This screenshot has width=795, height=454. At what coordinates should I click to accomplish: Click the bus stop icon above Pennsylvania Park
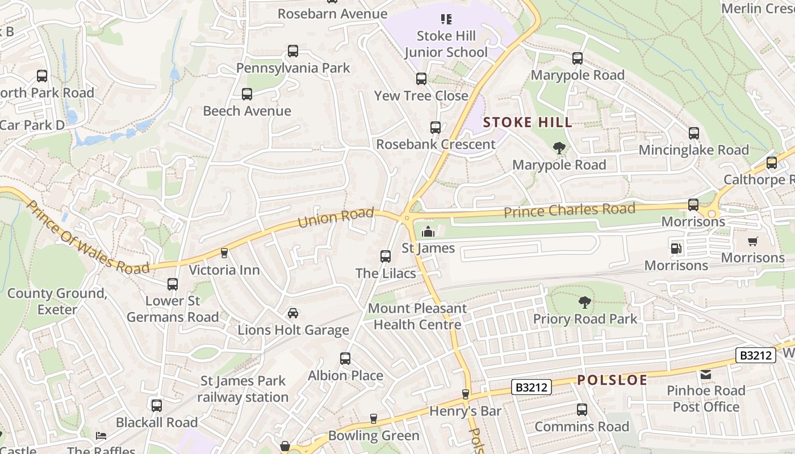coord(293,51)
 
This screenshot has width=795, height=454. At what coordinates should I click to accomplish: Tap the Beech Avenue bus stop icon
coord(247,94)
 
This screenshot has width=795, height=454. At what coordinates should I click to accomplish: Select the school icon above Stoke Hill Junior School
coord(446,19)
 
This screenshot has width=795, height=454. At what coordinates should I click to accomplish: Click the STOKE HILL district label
coord(528,123)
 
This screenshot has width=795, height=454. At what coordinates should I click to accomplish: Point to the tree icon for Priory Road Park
coord(584,302)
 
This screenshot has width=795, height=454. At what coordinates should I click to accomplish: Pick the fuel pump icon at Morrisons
coord(676,248)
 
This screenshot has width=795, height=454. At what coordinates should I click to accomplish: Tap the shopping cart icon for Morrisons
coord(753,241)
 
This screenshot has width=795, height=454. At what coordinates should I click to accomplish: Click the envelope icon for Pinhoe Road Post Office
coord(706,374)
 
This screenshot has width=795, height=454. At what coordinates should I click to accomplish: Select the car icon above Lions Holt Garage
coord(293,313)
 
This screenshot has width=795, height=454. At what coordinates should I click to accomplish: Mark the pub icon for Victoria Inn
coord(224,253)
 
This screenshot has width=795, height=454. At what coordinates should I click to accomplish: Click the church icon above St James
coord(428,232)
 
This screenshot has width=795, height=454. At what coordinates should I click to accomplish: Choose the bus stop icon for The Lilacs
coord(386,257)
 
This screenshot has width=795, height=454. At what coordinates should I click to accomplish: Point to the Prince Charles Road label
coord(569,211)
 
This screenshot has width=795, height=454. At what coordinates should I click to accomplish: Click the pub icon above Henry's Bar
coord(466,394)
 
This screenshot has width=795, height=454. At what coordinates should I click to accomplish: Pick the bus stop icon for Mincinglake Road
coord(694,133)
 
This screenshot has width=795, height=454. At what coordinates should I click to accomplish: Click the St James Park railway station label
coord(243,389)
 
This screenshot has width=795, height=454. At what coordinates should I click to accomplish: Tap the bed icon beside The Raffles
coord(101,436)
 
